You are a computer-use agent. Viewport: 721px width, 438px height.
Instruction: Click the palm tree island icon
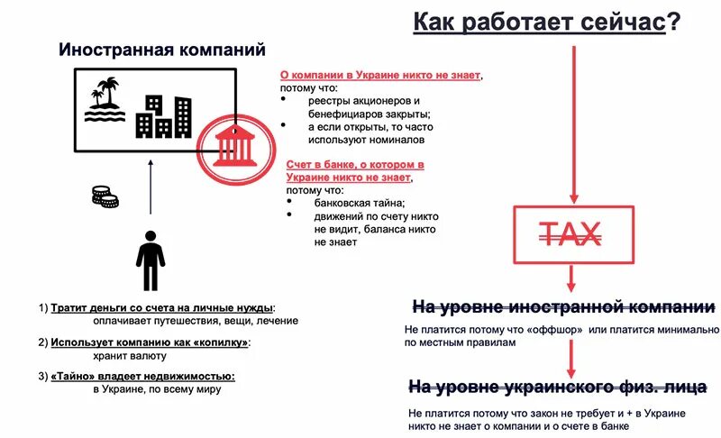(105, 99)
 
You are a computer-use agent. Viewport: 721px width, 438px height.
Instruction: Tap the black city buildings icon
(163, 115)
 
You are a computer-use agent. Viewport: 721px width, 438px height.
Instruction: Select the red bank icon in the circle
(233, 145)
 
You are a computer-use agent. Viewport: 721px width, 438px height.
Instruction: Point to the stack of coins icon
(105, 196)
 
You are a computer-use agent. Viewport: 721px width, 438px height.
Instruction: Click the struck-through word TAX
(570, 235)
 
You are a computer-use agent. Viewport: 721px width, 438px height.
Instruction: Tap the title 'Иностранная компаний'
(161, 49)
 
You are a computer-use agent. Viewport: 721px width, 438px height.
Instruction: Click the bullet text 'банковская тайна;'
(360, 203)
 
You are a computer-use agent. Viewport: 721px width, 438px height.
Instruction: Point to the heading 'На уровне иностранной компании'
(563, 306)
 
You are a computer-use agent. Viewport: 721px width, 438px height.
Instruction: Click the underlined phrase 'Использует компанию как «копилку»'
(150, 342)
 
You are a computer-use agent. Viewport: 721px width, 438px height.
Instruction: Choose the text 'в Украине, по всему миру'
(156, 389)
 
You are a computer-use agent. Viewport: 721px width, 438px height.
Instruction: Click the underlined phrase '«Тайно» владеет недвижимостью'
(143, 376)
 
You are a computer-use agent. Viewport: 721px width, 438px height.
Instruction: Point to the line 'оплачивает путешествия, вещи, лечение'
(195, 321)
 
